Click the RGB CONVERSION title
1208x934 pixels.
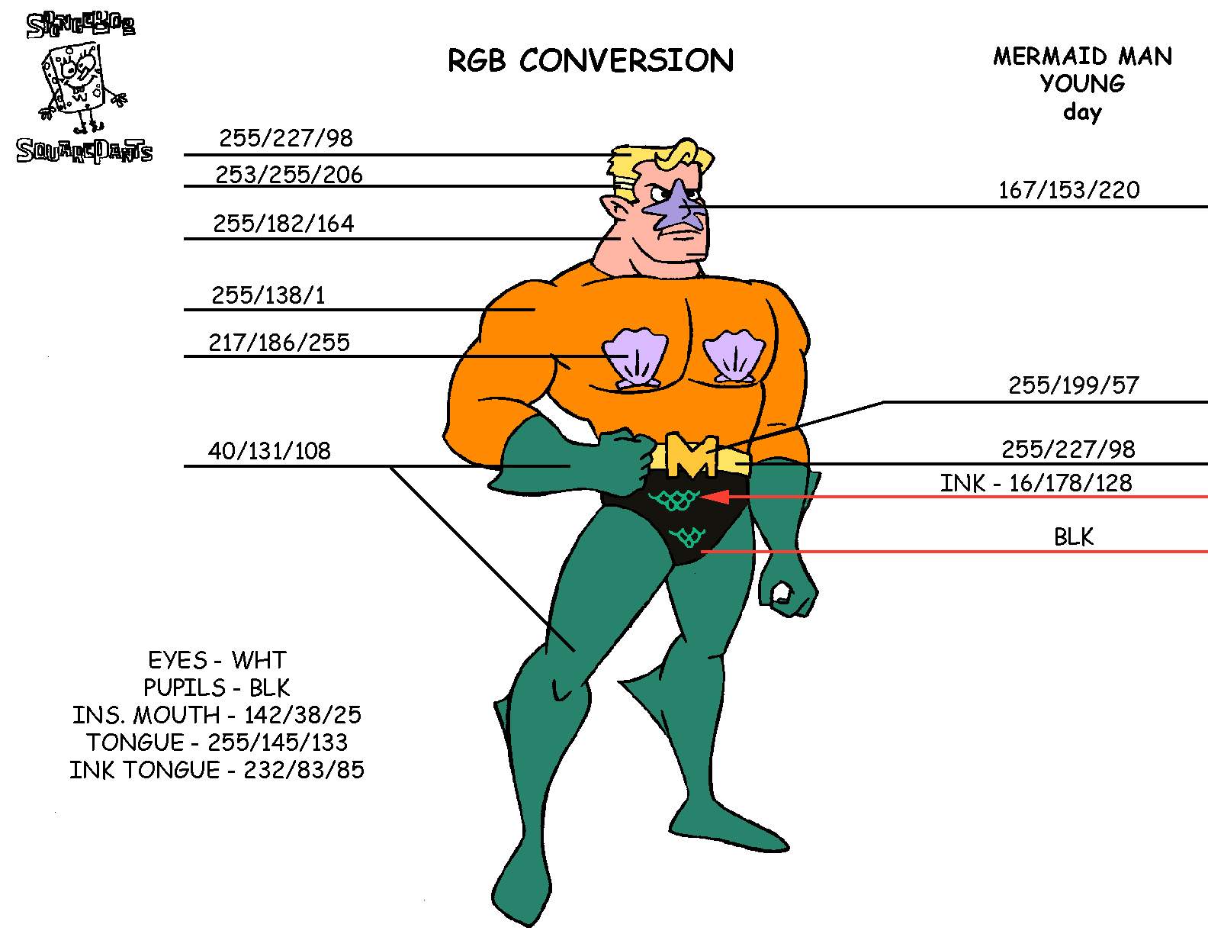[590, 60]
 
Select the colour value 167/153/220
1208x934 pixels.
[1069, 190]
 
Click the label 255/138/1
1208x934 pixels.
[268, 295]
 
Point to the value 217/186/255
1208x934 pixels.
[279, 343]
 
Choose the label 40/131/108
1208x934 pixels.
[269, 451]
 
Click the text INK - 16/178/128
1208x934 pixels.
[1036, 483]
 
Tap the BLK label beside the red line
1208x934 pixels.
[1074, 537]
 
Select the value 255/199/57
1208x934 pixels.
[1073, 385]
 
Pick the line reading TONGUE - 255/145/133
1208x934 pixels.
[217, 742]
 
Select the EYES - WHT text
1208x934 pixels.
[217, 660]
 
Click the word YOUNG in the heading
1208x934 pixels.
[1082, 83]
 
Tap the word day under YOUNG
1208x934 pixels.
[1082, 112]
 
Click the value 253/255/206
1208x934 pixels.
[288, 176]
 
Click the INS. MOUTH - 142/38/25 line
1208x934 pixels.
[217, 715]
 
